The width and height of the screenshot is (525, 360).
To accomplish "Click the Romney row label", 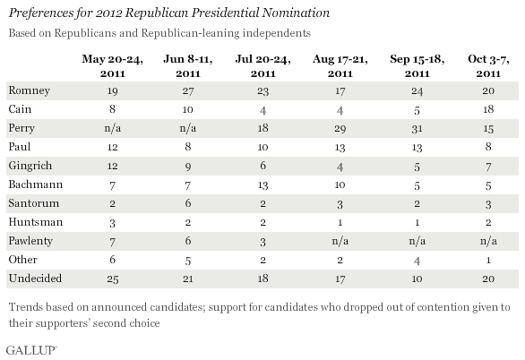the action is click(x=30, y=90).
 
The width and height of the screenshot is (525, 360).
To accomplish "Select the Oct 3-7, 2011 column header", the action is click(x=488, y=66).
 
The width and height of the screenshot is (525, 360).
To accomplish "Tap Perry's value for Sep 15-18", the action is click(x=417, y=128).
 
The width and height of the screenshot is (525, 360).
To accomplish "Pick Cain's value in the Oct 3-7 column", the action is click(x=488, y=109).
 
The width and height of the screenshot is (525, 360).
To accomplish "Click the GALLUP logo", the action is click(x=31, y=350).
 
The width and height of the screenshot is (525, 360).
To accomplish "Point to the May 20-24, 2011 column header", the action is click(x=113, y=66).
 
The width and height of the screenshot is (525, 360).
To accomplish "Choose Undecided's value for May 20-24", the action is click(x=113, y=279).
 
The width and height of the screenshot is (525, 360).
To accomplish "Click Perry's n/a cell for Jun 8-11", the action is click(x=188, y=128).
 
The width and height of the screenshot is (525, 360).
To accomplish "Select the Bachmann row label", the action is click(x=36, y=184).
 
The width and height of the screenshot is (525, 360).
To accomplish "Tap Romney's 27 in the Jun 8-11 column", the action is click(x=188, y=90).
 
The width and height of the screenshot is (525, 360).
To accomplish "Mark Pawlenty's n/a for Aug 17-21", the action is click(x=340, y=241).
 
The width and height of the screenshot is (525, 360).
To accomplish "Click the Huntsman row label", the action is click(x=36, y=222).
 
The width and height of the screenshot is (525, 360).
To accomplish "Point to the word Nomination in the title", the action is click(x=296, y=13).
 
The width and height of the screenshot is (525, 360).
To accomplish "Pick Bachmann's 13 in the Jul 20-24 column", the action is click(x=262, y=185).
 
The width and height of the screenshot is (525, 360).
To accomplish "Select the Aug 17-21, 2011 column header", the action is click(x=340, y=66).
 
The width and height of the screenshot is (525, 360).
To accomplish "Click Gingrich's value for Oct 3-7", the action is click(x=488, y=167).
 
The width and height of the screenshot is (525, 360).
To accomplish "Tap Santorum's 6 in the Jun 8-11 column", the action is click(x=188, y=203).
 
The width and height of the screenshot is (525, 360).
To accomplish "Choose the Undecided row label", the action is click(x=35, y=279).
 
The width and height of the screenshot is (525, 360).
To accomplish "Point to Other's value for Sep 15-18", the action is click(x=417, y=261).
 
